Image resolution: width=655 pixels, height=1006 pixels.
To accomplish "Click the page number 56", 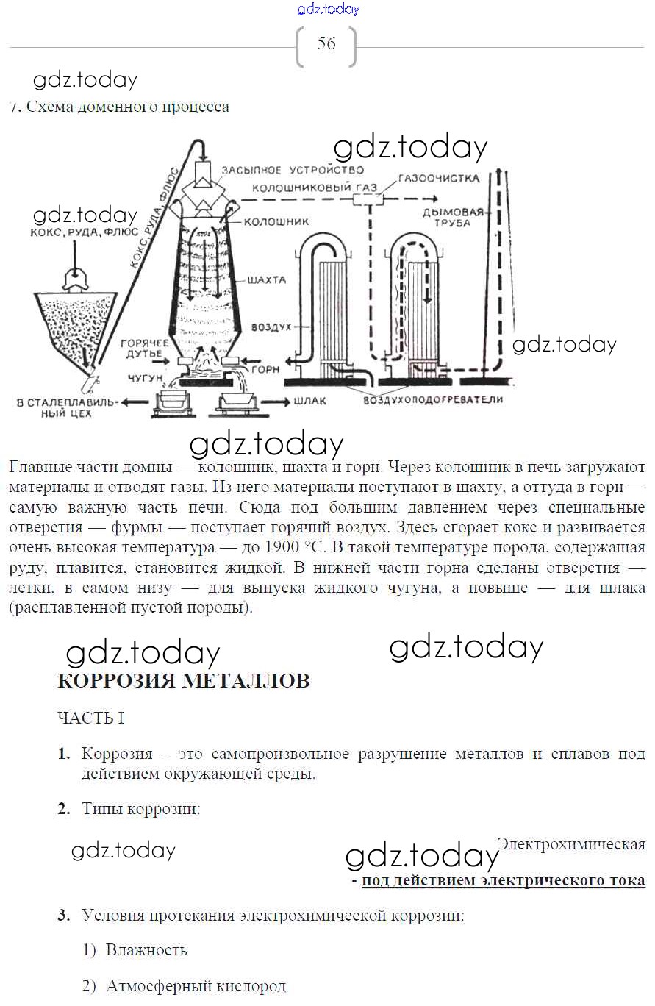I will [326, 43].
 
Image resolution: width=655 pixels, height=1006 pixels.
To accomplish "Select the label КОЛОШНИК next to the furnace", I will [276, 221].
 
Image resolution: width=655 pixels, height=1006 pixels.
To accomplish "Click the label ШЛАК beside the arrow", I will [309, 402].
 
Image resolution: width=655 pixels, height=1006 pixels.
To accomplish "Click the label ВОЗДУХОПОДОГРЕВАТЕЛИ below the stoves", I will [433, 399].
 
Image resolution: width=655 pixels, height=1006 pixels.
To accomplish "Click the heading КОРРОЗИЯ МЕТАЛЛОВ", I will [183, 681].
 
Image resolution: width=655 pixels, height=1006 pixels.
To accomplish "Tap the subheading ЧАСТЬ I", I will [90, 718].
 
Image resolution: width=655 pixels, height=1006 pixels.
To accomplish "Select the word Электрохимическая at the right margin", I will [571, 844].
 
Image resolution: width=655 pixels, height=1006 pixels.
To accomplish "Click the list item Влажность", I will [146, 950].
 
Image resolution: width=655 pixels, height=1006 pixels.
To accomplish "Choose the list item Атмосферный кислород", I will [196, 986].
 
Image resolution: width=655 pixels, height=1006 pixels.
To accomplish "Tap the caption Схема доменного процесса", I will [127, 107].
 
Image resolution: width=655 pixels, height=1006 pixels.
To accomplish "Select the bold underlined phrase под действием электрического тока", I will [504, 880].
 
